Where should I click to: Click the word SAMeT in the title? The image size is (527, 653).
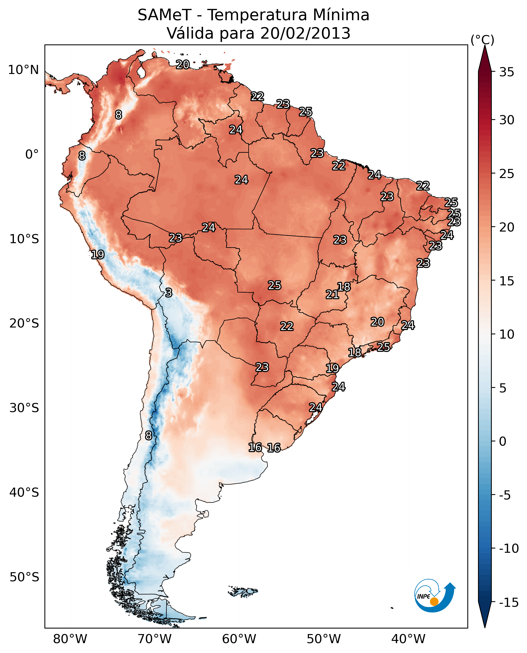164,15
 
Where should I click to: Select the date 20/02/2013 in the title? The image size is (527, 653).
305,33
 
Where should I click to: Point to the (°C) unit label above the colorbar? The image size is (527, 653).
482,40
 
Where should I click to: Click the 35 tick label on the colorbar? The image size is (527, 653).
507,72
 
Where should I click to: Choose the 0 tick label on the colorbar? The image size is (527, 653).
503,441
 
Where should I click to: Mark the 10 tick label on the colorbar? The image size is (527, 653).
507,334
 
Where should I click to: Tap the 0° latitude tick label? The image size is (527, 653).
32,155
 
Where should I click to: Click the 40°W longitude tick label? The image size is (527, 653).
408,639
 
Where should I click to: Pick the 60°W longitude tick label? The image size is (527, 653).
239,639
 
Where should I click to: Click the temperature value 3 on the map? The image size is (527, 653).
169,292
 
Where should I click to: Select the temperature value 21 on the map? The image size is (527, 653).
332,294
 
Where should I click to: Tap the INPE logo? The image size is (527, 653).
435,595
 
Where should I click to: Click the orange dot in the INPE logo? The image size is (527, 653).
434,601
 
